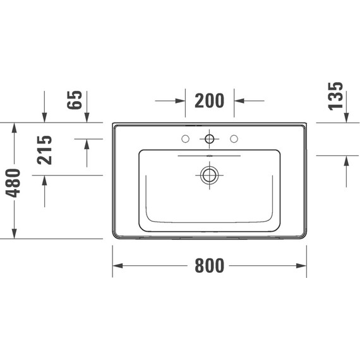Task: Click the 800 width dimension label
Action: (x=209, y=267)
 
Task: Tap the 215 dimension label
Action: (x=44, y=150)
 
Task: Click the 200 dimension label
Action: (x=209, y=100)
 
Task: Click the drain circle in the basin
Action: (x=209, y=174)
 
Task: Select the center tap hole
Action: (x=209, y=139)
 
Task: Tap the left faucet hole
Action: (x=185, y=139)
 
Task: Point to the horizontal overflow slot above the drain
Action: (x=209, y=154)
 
